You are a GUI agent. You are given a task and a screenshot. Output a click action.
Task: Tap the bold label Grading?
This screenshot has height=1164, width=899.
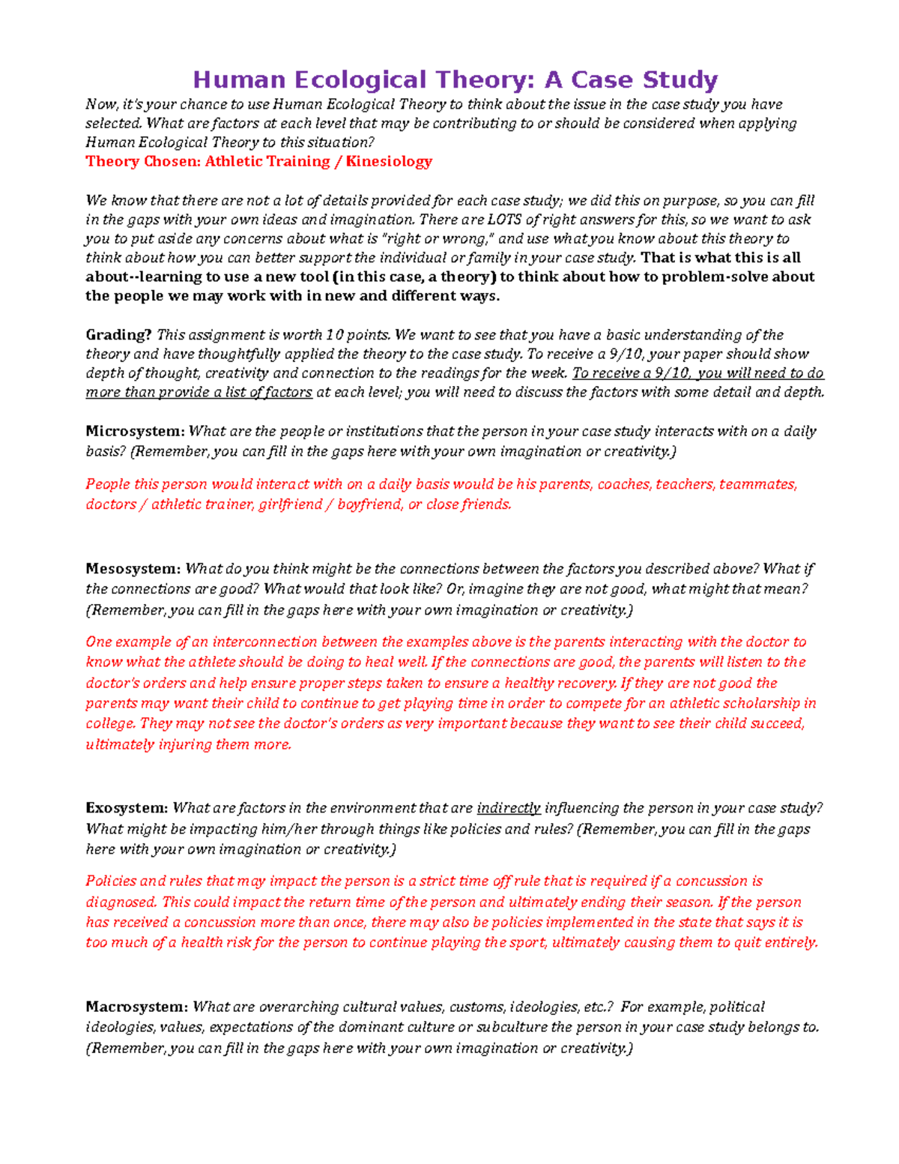click(118, 335)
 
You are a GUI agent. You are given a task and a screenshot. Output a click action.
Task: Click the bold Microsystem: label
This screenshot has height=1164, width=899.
click(135, 431)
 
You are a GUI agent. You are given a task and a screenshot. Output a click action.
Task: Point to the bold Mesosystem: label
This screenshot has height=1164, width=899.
click(133, 569)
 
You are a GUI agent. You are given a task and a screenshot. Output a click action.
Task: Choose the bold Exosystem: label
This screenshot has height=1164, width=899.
click(127, 808)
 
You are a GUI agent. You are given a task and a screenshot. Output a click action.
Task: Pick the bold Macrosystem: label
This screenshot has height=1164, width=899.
click(136, 1007)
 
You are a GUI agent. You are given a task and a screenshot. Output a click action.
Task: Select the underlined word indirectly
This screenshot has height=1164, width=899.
click(509, 808)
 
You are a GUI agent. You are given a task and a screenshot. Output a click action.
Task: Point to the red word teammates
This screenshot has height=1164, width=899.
click(757, 484)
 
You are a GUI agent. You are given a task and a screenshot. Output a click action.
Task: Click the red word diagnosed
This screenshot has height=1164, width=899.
click(121, 902)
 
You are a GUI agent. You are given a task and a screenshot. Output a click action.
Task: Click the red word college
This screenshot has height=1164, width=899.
click(109, 723)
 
